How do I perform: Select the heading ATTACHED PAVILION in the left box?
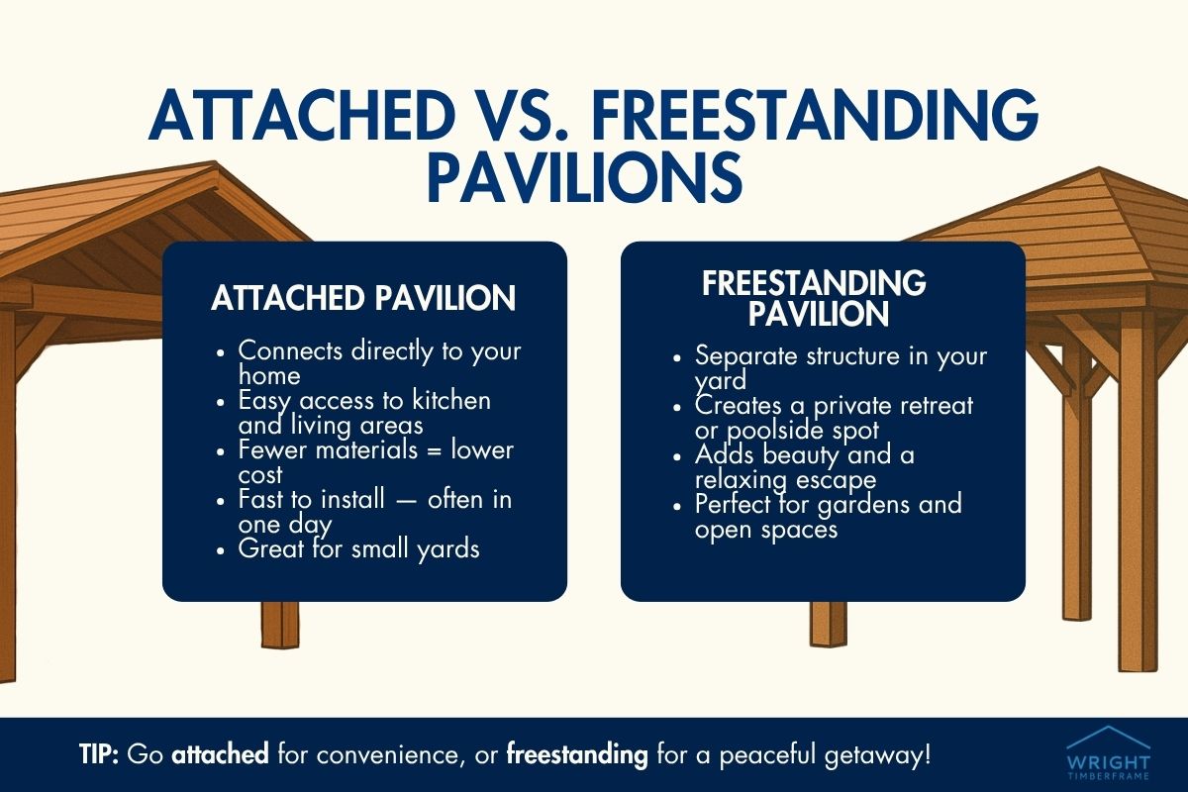(x=363, y=298)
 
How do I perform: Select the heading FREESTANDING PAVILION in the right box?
(x=814, y=299)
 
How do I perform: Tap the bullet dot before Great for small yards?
(x=223, y=549)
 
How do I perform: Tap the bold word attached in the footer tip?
(x=220, y=755)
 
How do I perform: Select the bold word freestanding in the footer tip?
(x=577, y=755)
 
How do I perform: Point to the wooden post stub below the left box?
(x=279, y=624)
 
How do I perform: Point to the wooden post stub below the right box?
(x=828, y=624)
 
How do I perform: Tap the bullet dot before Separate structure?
(x=679, y=356)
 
